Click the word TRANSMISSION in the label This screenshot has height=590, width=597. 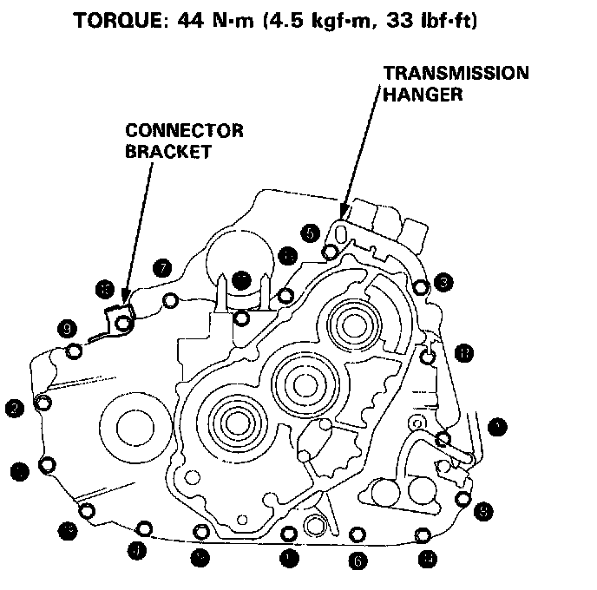tap(456, 74)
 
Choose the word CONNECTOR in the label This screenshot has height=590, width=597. tap(184, 131)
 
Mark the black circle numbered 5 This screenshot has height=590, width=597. tap(310, 233)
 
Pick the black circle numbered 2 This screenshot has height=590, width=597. tap(14, 407)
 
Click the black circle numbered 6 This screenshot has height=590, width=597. tap(357, 561)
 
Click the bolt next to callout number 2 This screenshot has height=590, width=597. tap(41, 403)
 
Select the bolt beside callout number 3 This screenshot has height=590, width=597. tap(421, 287)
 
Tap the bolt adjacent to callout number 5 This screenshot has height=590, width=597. tap(330, 252)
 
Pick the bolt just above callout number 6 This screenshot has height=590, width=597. tap(354, 534)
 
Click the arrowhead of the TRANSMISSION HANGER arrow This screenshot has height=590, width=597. tap(344, 214)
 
